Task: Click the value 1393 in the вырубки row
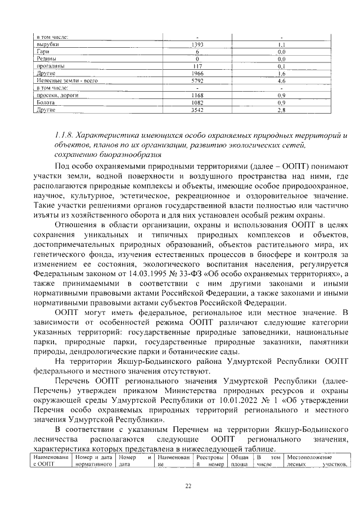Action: click(197, 44)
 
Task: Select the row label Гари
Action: click(43, 51)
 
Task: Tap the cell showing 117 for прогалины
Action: click(197, 66)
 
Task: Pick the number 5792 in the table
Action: click(197, 80)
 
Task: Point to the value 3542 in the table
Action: click(197, 110)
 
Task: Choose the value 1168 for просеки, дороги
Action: click(197, 96)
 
